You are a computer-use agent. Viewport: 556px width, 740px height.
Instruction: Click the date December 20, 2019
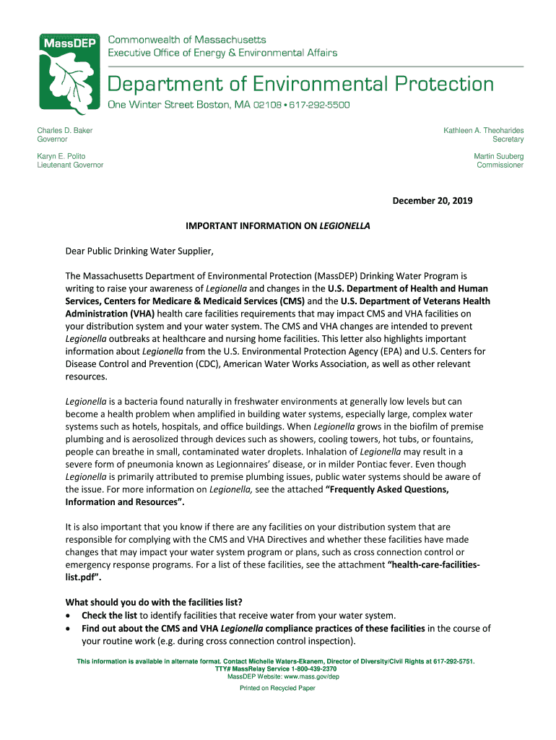[x=433, y=200]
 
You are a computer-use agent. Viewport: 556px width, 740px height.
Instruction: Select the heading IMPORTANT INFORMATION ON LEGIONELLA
[x=277, y=225]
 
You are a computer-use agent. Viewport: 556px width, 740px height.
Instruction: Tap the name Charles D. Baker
[x=65, y=130]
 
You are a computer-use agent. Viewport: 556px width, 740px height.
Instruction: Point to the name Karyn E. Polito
[x=61, y=156]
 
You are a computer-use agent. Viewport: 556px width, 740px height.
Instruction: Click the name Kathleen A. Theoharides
[x=483, y=130]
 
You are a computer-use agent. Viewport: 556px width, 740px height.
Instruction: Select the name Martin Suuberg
[x=498, y=156]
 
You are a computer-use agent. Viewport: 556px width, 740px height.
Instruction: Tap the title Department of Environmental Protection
[x=301, y=84]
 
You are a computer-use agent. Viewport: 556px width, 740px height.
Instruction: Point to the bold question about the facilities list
[x=154, y=603]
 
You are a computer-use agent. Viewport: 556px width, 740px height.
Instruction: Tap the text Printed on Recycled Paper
[x=277, y=689]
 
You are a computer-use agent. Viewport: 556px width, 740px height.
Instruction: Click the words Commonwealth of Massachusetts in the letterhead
[x=187, y=39]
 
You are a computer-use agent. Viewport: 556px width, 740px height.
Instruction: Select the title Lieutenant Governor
[x=70, y=165]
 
